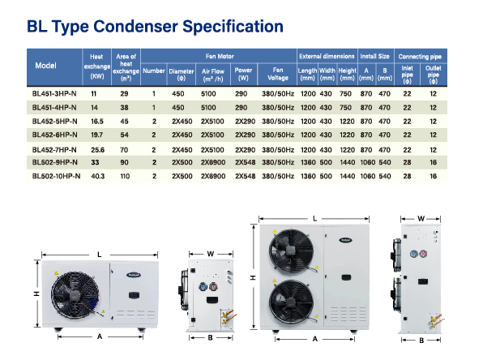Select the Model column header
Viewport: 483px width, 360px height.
pyautogui.click(x=45, y=66)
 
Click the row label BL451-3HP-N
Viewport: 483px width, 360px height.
pyautogui.click(x=54, y=94)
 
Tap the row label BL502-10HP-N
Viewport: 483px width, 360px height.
pyautogui.click(x=56, y=176)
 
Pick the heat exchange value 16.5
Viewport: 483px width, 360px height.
pyautogui.click(x=97, y=122)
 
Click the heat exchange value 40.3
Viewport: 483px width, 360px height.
pyautogui.click(x=97, y=176)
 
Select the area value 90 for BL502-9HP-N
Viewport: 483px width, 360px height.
pyautogui.click(x=124, y=162)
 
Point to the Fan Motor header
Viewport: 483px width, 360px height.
pyautogui.click(x=220, y=57)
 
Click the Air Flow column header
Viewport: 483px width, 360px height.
pyautogui.click(x=213, y=75)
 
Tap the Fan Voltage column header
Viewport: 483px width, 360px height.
pyautogui.click(x=277, y=74)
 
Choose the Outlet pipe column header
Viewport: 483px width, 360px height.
pyautogui.click(x=433, y=75)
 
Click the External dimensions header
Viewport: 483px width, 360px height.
pyautogui.click(x=327, y=57)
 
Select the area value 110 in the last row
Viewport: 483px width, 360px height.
pyautogui.click(x=125, y=176)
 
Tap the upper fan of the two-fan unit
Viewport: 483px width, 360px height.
pyautogui.click(x=292, y=251)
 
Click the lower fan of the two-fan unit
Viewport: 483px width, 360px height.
pyautogui.click(x=292, y=302)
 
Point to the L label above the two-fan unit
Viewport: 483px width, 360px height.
pyautogui.click(x=314, y=219)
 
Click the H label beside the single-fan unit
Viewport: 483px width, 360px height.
pyautogui.click(x=36, y=294)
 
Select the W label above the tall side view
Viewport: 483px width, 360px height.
pyautogui.click(x=421, y=219)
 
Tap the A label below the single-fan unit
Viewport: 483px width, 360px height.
pyautogui.click(x=100, y=336)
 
